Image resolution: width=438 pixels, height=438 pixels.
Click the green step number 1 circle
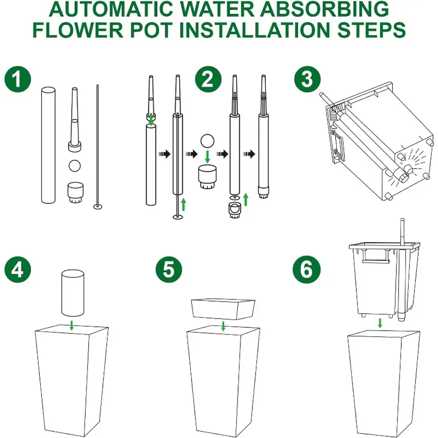tap(18, 79)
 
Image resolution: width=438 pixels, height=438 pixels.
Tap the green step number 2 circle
tap(208, 79)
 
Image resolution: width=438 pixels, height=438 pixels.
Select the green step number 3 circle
tap(308, 79)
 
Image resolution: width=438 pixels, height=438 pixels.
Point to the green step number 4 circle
tap(18, 269)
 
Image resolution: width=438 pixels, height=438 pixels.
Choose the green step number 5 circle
tap(169, 269)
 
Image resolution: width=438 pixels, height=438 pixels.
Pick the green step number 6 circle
tap(306, 269)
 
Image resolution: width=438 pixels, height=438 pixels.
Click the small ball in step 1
tap(74, 166)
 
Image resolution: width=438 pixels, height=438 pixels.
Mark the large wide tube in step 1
tap(48, 145)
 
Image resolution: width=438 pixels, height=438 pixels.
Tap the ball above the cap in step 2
tap(207, 141)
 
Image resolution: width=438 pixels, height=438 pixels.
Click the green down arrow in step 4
tap(72, 326)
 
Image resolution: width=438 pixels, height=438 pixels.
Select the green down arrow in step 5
tap(223, 326)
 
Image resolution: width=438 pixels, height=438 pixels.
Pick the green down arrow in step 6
tap(380, 323)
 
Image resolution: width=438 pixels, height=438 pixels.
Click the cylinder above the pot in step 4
tap(73, 293)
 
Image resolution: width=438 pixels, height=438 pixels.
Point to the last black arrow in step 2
tap(249, 154)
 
